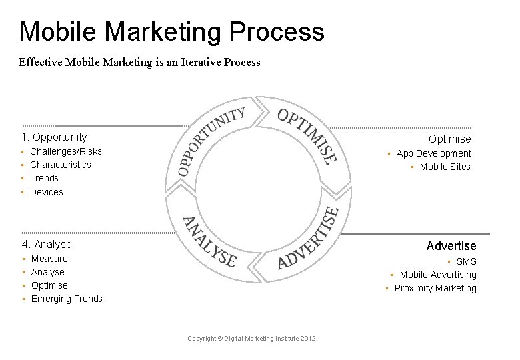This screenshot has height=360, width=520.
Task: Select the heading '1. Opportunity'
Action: coord(53,137)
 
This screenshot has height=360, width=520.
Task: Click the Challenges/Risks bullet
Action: coord(65,151)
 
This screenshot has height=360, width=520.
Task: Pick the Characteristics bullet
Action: coord(60,165)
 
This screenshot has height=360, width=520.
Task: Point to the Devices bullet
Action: coord(46,192)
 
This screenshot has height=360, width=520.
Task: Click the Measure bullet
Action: coord(49,259)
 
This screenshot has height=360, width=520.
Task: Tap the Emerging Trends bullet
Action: coord(67,299)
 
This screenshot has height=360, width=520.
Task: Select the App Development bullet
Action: coord(433,153)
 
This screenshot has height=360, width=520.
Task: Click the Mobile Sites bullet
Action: coord(445,167)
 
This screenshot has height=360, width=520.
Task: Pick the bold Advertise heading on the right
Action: coord(451,246)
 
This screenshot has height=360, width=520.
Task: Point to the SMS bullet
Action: coord(466,261)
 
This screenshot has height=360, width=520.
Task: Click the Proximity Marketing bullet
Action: coord(435,288)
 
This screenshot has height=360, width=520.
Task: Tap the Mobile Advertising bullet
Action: coord(438,275)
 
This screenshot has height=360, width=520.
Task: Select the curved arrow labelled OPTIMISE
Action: coord(307,133)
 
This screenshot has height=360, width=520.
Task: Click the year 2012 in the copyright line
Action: coord(307,339)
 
